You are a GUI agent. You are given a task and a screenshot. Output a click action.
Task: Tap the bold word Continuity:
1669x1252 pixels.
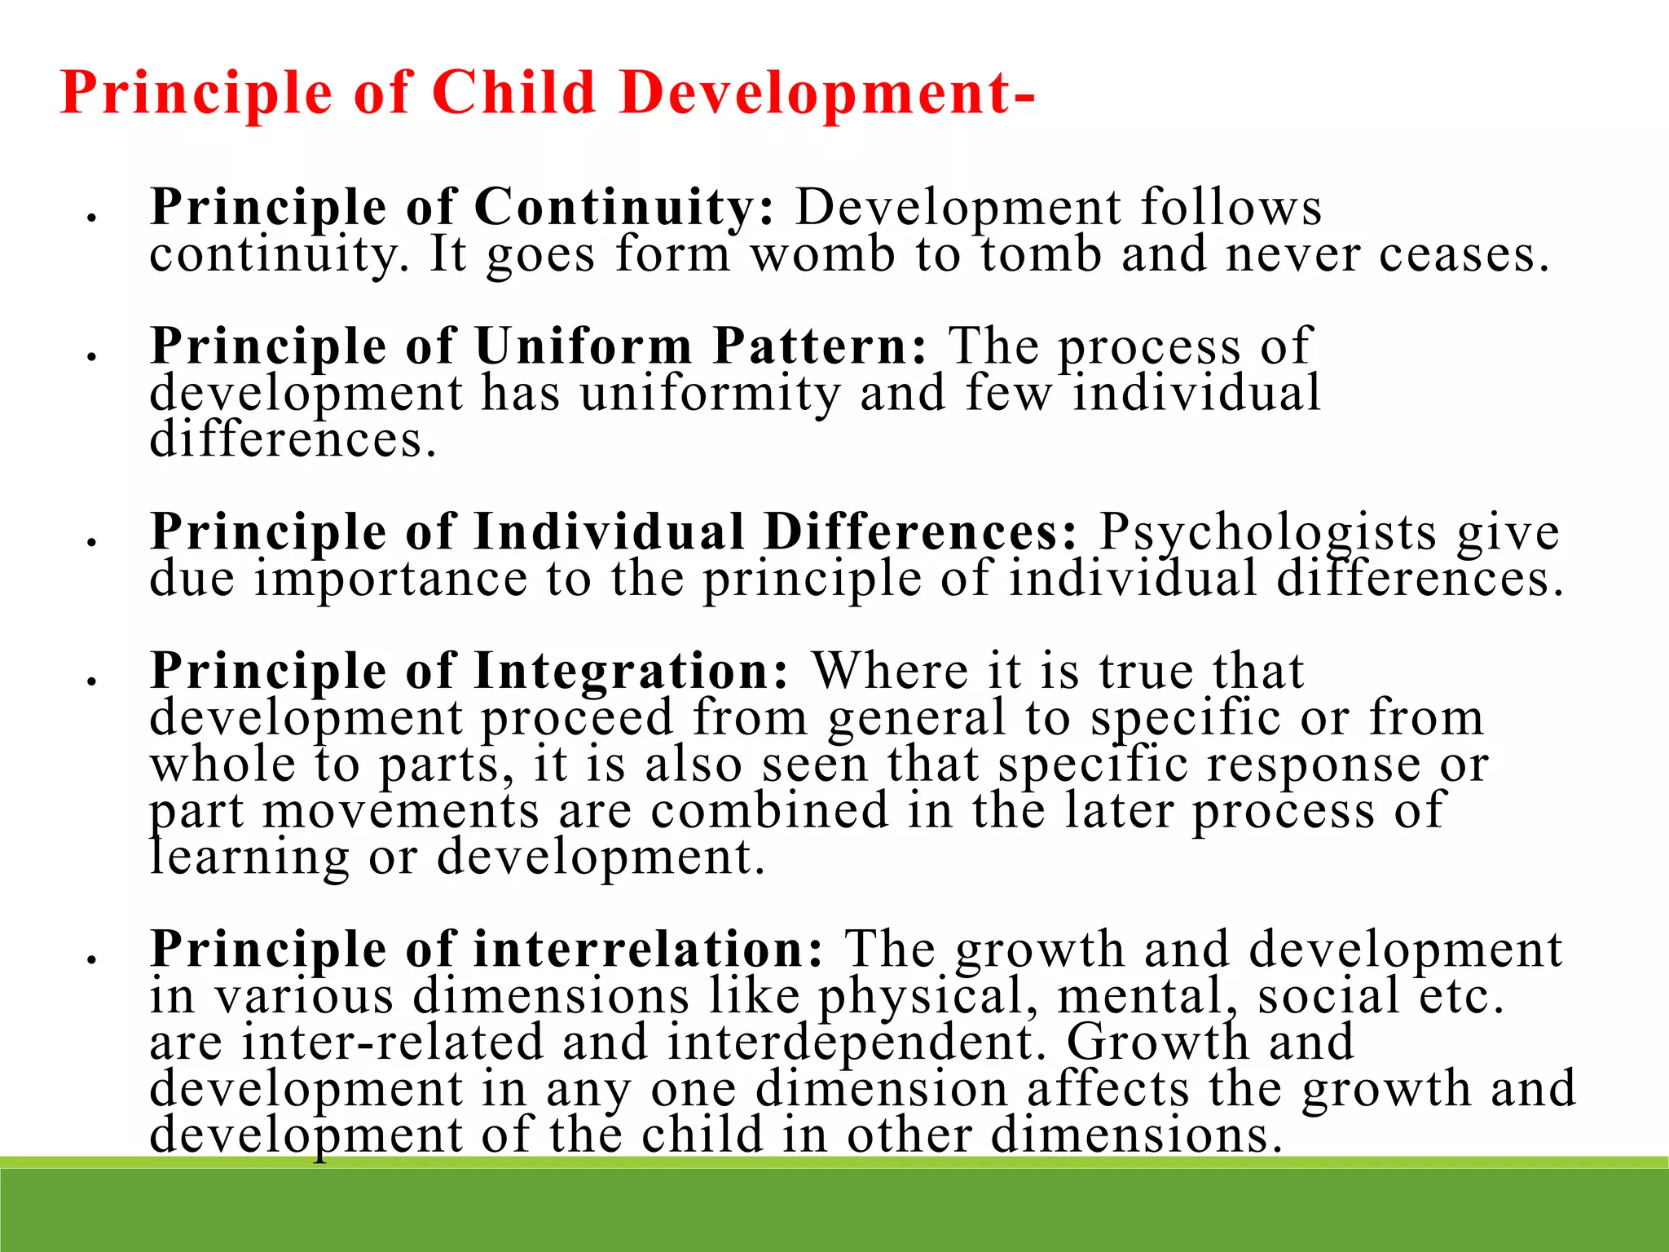pos(624,207)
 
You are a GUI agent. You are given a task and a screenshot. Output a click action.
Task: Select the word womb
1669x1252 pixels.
pos(823,254)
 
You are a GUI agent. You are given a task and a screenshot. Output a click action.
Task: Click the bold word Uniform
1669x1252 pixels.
pos(583,346)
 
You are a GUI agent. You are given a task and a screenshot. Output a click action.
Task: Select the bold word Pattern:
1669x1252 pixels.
pos(820,346)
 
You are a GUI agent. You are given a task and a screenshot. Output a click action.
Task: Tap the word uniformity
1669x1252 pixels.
pos(710,394)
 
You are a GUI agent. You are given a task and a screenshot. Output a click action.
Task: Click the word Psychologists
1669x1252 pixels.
pos(1268,533)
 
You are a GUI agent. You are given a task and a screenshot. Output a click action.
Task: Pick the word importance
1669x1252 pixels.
pos(391,580)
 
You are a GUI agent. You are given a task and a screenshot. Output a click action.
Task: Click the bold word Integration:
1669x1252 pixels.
pos(632,672)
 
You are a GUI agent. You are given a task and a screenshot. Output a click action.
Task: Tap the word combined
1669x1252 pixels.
pos(769,811)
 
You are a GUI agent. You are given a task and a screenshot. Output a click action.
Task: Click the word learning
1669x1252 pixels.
pos(249,858)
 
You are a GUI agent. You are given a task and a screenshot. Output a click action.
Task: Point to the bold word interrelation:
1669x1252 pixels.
pos(649,950)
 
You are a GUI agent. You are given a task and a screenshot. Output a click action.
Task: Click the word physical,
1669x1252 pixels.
pos(928,997)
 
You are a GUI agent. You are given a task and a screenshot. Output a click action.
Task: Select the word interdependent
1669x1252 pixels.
pos(856,1043)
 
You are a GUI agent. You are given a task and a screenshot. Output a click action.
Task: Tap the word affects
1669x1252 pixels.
pos(1108,1090)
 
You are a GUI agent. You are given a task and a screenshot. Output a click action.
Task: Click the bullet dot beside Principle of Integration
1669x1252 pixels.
pos(92,681)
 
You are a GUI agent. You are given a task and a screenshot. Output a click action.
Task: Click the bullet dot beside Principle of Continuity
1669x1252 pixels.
pos(92,218)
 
